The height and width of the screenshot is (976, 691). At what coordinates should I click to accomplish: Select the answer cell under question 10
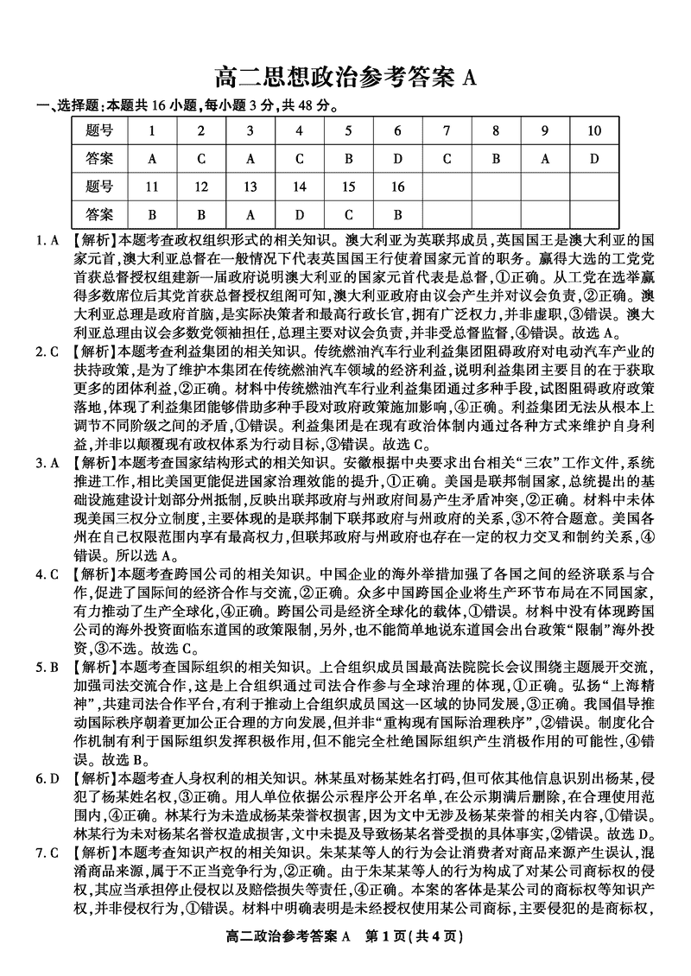[x=593, y=159]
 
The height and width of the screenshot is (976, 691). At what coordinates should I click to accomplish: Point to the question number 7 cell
[x=447, y=131]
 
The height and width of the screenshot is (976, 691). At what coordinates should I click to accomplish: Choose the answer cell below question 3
[x=250, y=159]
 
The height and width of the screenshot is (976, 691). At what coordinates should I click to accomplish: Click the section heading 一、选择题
[x=66, y=107]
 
